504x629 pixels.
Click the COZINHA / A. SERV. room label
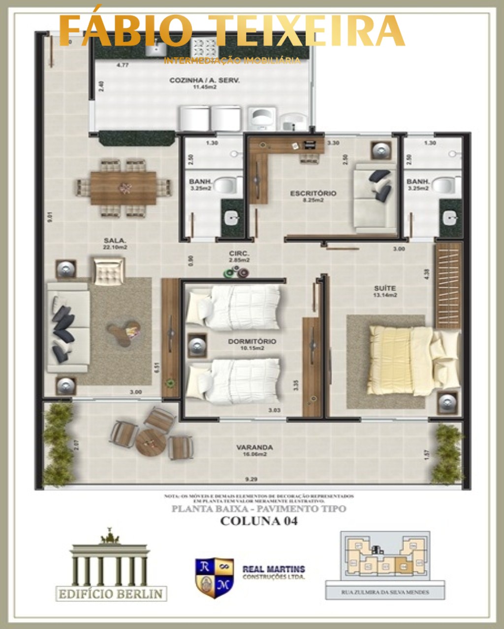click(204, 80)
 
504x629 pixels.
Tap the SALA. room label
click(115, 240)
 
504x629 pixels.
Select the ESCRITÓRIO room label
click(313, 193)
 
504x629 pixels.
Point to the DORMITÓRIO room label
click(252, 341)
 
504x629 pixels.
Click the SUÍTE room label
click(384, 288)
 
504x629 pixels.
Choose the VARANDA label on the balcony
click(254, 448)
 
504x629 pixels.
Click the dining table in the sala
click(124, 187)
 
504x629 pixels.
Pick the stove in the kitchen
click(205, 48)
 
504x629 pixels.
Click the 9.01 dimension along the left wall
click(49, 216)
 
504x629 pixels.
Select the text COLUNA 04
click(258, 521)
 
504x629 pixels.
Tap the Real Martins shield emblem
click(214, 577)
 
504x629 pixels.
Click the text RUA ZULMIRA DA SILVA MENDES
click(385, 592)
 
